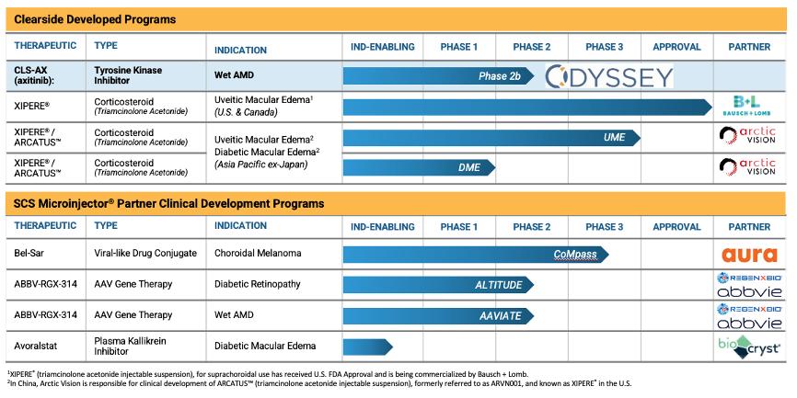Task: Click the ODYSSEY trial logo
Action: (x=608, y=76)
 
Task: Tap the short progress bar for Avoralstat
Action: (x=367, y=347)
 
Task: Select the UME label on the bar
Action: (x=615, y=136)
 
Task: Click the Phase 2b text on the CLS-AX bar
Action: (x=500, y=76)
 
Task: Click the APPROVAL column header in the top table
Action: (x=676, y=47)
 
